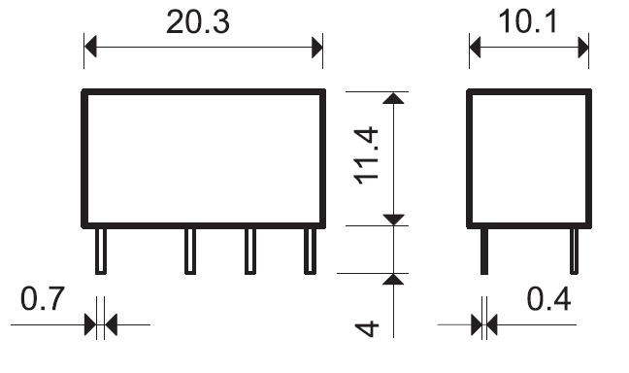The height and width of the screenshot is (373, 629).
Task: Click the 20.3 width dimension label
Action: pyautogui.click(x=198, y=21)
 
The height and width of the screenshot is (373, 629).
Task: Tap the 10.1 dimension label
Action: pyautogui.click(x=527, y=21)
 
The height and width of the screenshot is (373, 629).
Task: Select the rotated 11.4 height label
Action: pyautogui.click(x=367, y=155)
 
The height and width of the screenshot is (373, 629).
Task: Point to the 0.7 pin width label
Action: pyautogui.click(x=42, y=299)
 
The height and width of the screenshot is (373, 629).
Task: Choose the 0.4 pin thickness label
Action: pyautogui.click(x=548, y=299)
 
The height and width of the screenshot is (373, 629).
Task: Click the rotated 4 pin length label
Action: pyautogui.click(x=367, y=328)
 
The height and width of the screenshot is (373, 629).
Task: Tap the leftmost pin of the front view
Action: pyautogui.click(x=101, y=252)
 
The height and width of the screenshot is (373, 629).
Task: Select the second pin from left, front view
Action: pyautogui.click(x=190, y=252)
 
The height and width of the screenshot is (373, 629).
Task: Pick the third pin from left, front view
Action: pyautogui.click(x=250, y=252)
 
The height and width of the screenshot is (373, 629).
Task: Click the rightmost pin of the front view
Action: pyautogui.click(x=310, y=252)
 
